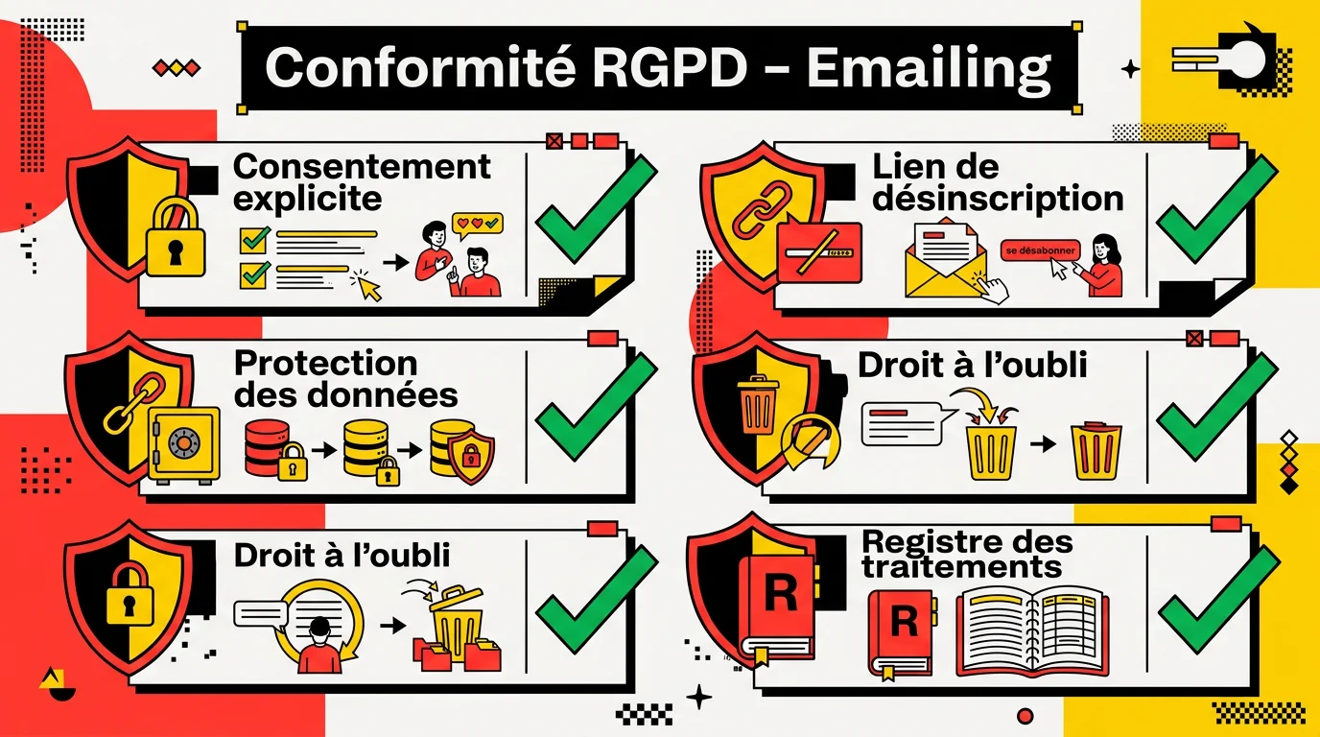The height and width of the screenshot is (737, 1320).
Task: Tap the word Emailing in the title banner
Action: (929, 67)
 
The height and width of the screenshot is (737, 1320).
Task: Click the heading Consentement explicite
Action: (362, 181)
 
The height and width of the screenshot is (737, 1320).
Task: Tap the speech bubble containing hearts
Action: (477, 225)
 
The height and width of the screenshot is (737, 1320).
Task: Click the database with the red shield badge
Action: (462, 448)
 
